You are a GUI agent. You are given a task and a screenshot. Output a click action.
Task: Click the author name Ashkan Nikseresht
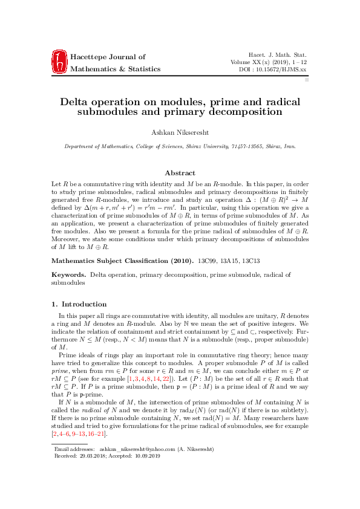[x=180, y=131]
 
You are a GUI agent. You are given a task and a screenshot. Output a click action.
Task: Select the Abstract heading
[x=180, y=173]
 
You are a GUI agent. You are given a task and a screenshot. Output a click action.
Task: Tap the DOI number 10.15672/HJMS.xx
[x=280, y=70]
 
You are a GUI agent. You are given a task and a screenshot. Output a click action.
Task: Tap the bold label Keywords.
[x=68, y=275]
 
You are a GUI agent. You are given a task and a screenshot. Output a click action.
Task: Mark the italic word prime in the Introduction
[x=62, y=369]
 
